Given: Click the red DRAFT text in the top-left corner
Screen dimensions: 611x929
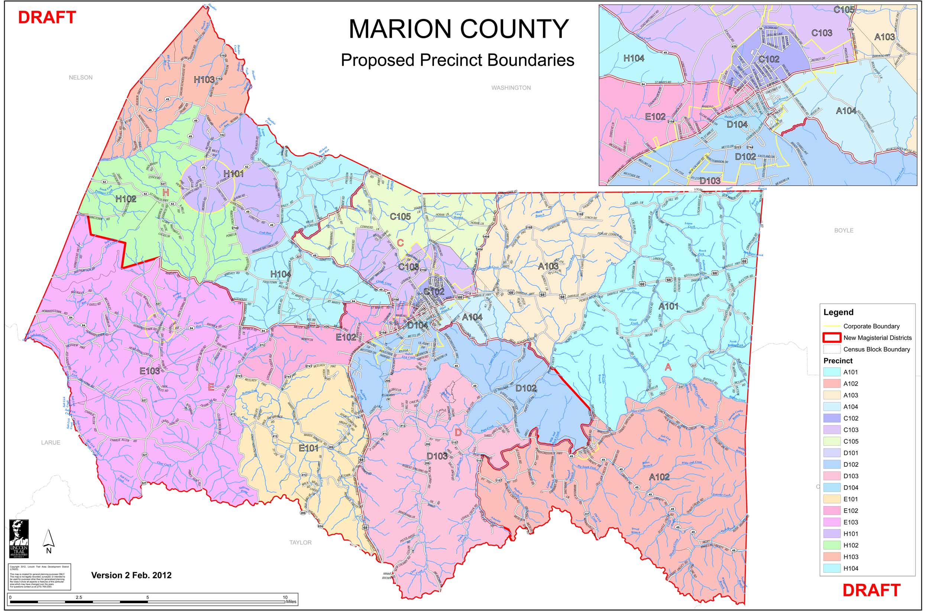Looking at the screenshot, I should click(47, 17).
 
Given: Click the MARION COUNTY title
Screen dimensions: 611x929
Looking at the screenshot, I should click(458, 29).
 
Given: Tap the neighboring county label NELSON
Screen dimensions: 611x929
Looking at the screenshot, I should click(80, 77).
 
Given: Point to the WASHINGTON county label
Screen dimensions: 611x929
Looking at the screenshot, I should click(511, 87).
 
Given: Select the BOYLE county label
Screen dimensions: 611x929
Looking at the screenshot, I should click(844, 231).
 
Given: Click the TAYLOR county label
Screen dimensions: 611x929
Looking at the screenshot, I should click(300, 542).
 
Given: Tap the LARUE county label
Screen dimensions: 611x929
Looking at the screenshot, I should click(51, 442).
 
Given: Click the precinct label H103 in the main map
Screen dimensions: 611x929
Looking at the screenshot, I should click(204, 80).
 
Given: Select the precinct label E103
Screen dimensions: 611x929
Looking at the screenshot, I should click(149, 371).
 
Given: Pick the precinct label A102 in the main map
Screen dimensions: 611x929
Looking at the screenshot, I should click(659, 477).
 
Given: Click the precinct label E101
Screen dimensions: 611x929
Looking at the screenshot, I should click(308, 448).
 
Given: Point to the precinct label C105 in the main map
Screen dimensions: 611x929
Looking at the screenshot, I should click(400, 216).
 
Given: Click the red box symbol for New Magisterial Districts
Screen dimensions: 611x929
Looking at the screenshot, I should click(832, 338).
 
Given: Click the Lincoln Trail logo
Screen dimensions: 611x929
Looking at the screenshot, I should click(19, 539).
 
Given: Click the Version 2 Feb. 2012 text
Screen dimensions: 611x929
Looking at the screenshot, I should click(131, 575).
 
